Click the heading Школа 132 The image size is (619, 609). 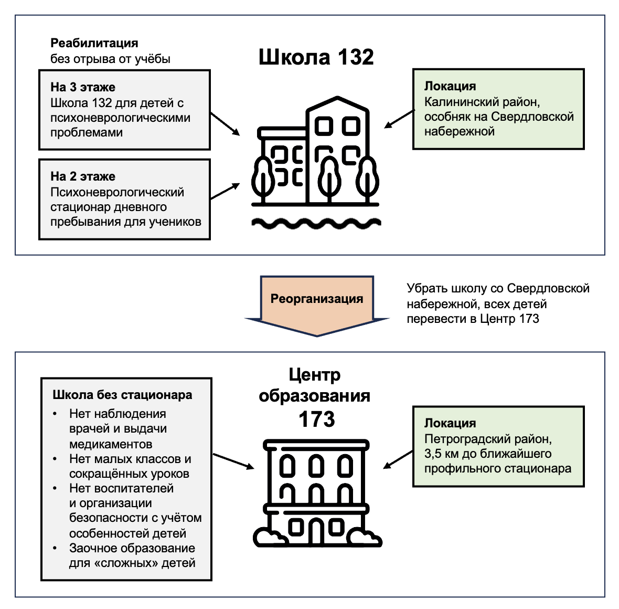pyautogui.click(x=316, y=57)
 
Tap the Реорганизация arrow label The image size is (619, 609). pyautogui.click(x=317, y=298)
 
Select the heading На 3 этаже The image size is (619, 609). pyautogui.click(x=83, y=87)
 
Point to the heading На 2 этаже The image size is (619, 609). pyautogui.click(x=83, y=176)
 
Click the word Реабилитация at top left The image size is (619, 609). pyautogui.click(x=94, y=43)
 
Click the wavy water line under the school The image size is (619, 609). pyautogui.click(x=316, y=224)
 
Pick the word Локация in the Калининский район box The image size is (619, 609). pyautogui.click(x=450, y=86)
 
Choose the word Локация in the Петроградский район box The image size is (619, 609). pyautogui.click(x=450, y=423)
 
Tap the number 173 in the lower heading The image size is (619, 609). pyautogui.click(x=317, y=419)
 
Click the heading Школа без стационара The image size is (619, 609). pyautogui.click(x=122, y=394)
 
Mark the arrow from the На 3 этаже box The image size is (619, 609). pyautogui.click(x=225, y=124)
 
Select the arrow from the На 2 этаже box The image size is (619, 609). pyautogui.click(x=225, y=191)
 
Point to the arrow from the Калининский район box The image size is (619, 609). pyautogui.click(x=399, y=119)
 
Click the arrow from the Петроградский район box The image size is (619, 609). pyautogui.click(x=398, y=459)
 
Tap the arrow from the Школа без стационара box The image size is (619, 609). pyautogui.click(x=233, y=461)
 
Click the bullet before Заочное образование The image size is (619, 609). pyautogui.click(x=55, y=548)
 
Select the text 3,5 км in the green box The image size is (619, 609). pyautogui.click(x=442, y=454)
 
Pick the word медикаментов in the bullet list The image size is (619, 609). pyautogui.click(x=111, y=444)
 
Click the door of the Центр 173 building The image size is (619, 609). pyautogui.click(x=316, y=531)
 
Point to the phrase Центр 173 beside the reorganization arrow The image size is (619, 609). pyautogui.click(x=509, y=319)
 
